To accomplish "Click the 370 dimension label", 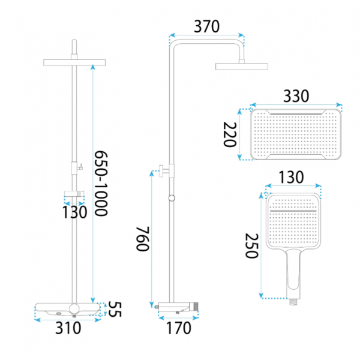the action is [206, 26].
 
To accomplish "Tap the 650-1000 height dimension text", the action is [101, 183].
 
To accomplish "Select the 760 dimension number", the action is [143, 239].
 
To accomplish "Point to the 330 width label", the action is [296, 96].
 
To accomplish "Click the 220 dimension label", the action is [230, 134].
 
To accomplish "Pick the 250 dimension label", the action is [252, 246].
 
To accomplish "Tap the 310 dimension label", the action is [68, 328].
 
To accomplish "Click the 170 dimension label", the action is [178, 328].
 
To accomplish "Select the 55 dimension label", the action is [115, 309].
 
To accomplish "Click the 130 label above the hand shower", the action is [291, 177].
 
